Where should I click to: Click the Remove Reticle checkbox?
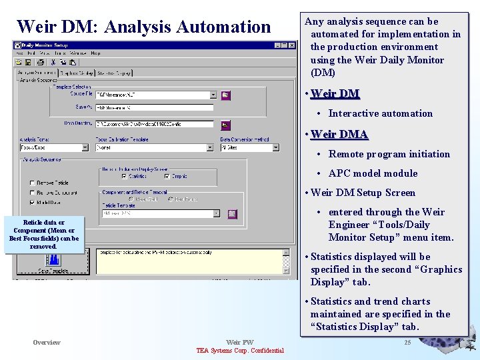pyautogui.click(x=32, y=183)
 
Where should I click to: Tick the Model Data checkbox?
pyautogui.click(x=32, y=203)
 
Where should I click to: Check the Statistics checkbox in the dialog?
pyautogui.click(x=123, y=177)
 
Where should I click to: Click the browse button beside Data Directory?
pyautogui.click(x=225, y=124)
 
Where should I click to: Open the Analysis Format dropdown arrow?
pyautogui.click(x=85, y=147)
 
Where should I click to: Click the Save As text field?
pyautogui.click(x=155, y=107)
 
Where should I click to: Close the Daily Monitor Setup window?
pyautogui.click(x=292, y=45)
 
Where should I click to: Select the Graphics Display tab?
pyautogui.click(x=76, y=73)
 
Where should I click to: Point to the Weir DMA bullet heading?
pyautogui.click(x=339, y=134)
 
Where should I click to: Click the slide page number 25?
pyautogui.click(x=407, y=343)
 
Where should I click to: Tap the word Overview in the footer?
pyautogui.click(x=47, y=343)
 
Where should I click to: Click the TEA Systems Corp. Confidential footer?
pyautogui.click(x=240, y=351)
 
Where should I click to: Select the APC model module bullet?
pyautogui.click(x=373, y=173)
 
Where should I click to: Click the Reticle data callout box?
pyautogui.click(x=44, y=235)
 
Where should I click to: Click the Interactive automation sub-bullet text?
pyautogui.click(x=380, y=113)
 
